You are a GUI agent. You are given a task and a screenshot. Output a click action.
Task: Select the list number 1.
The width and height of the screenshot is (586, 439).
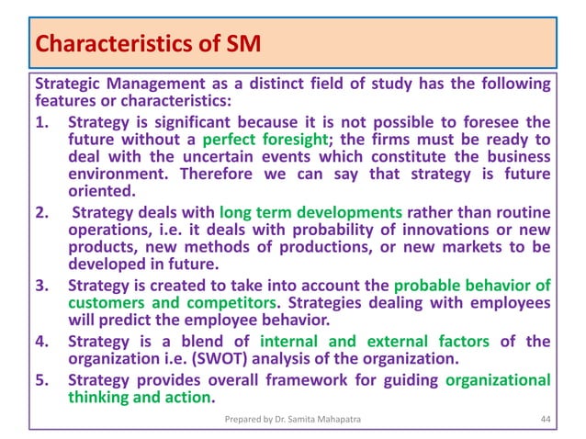[41, 122]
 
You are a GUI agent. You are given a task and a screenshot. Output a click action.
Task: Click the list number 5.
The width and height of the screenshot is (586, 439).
[41, 379]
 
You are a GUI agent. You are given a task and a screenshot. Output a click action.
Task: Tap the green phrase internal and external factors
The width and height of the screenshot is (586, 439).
[387, 342]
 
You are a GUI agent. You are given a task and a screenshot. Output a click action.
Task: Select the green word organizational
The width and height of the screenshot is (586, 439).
[496, 379]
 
